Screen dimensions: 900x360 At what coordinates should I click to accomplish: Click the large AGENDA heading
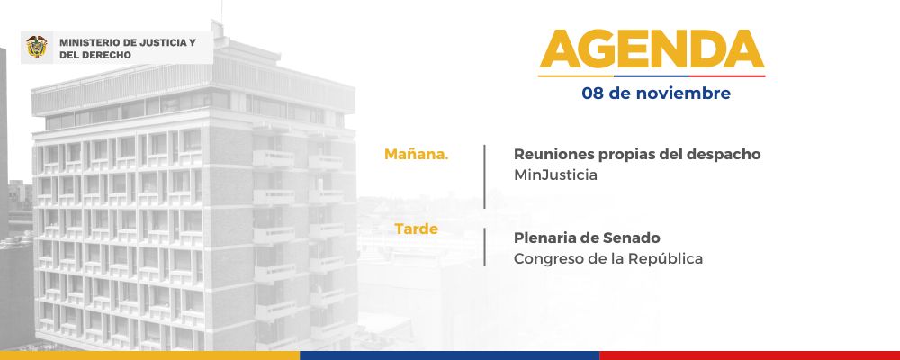click(652, 49)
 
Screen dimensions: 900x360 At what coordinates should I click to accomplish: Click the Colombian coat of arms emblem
click(37, 48)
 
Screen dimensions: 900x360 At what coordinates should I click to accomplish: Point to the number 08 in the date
click(593, 94)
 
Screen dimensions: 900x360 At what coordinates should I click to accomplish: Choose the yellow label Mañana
click(417, 155)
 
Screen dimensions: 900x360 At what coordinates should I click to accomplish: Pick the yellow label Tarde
click(416, 229)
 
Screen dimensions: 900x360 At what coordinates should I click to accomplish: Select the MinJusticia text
click(555, 175)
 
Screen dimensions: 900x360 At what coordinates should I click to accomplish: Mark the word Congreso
click(543, 259)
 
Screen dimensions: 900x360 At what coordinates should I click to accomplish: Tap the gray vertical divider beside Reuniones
click(484, 176)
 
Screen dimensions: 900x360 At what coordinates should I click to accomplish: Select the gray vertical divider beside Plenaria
click(484, 247)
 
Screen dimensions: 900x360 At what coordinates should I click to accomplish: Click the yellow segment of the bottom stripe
click(149, 355)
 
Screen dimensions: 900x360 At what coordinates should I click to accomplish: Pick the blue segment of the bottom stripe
click(450, 355)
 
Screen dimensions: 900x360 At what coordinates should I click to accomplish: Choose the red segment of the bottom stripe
click(750, 355)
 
